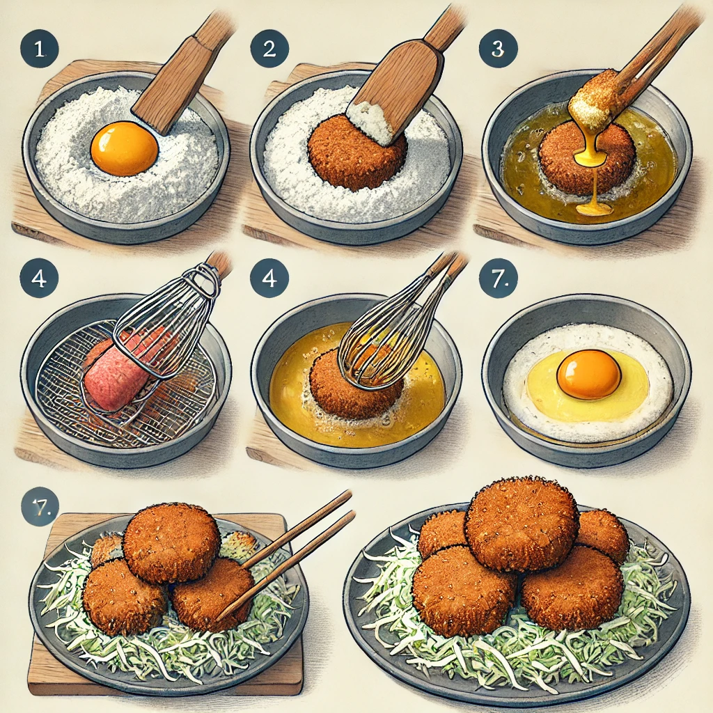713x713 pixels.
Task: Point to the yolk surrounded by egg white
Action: tap(588, 374)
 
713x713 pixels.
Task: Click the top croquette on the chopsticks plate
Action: tap(172, 542)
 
